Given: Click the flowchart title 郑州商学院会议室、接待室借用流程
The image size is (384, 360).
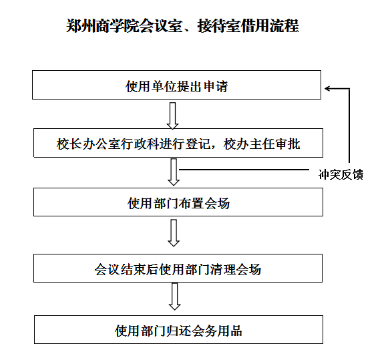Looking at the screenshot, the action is tap(182, 25).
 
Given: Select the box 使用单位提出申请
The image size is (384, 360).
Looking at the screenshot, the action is tap(176, 85).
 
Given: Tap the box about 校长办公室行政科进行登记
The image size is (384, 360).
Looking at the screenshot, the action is tap(178, 143).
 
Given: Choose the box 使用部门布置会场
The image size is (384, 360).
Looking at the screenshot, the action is tap(178, 202).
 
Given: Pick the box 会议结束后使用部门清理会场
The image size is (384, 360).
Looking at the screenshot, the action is tap(178, 268).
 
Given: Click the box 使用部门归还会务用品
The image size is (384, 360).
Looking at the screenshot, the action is tap(178, 330).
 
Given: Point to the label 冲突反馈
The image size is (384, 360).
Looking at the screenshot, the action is tap(341, 174).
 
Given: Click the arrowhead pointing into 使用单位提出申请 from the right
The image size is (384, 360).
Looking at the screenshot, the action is tap(327, 88).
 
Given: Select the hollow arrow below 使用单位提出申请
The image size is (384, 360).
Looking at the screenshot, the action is tap(173, 116).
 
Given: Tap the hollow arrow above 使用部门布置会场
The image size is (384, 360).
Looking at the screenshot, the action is tap(174, 172).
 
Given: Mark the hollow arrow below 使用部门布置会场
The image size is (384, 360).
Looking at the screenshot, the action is tap(174, 233).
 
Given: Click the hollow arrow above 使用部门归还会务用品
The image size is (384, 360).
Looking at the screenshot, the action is tap(174, 297).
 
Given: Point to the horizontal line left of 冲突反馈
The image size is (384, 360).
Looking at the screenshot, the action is tap(244, 169).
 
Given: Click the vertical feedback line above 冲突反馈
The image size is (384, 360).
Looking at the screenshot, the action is tap(349, 126).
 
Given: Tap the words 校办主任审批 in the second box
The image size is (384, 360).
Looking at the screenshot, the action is tap(262, 144).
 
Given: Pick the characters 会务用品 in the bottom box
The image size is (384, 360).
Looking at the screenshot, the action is tap(217, 331).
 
